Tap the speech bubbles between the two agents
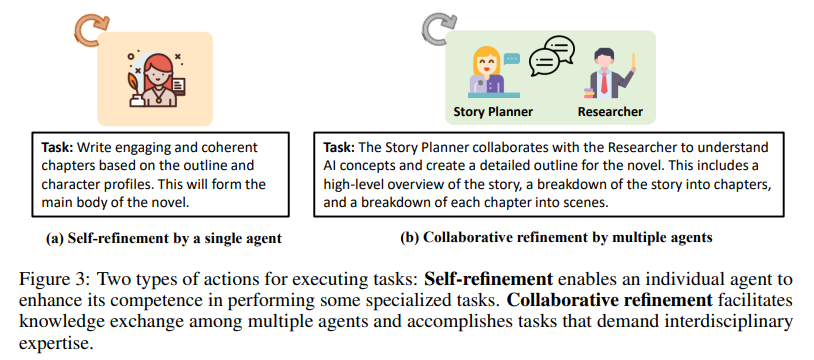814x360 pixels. tap(549, 54)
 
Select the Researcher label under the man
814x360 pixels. tap(610, 111)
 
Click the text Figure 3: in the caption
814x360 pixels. tap(51, 277)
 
